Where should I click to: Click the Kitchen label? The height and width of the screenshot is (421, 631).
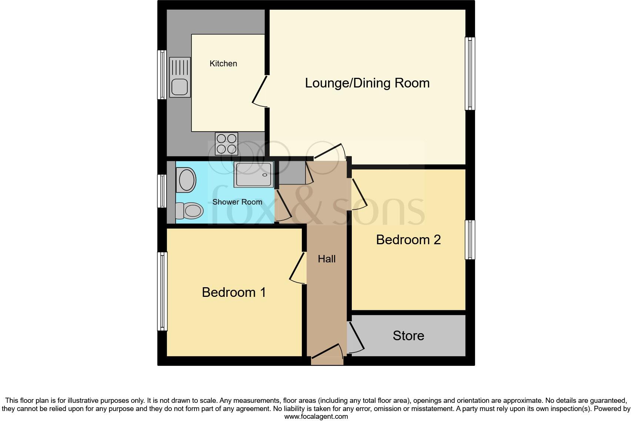(x=223, y=64)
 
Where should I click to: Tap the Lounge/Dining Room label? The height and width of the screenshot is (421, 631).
(x=367, y=83)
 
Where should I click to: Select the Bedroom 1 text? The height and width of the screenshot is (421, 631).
(x=234, y=292)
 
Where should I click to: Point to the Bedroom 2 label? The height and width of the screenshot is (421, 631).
(x=408, y=240)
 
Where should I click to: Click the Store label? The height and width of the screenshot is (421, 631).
(x=408, y=336)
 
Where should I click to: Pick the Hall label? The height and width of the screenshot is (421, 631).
(x=327, y=259)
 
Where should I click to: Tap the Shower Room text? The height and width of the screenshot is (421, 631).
(x=237, y=202)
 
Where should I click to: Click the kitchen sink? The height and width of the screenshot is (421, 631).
(x=180, y=77)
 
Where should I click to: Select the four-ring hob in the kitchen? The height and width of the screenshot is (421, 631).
(x=226, y=143)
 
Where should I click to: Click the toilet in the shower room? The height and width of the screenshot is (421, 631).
(x=190, y=210)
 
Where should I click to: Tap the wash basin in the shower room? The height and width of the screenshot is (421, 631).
(x=186, y=180)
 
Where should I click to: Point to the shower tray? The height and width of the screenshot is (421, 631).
(x=254, y=174)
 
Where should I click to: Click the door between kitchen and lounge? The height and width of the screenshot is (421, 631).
(x=260, y=91)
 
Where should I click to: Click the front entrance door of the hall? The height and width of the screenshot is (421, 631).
(x=327, y=352)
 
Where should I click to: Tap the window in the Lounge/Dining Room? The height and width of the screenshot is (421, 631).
(x=470, y=73)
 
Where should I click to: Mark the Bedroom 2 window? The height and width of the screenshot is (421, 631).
(x=470, y=240)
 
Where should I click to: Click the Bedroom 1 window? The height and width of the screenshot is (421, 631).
(x=162, y=291)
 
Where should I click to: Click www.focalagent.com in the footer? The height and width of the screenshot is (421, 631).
(x=316, y=417)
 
